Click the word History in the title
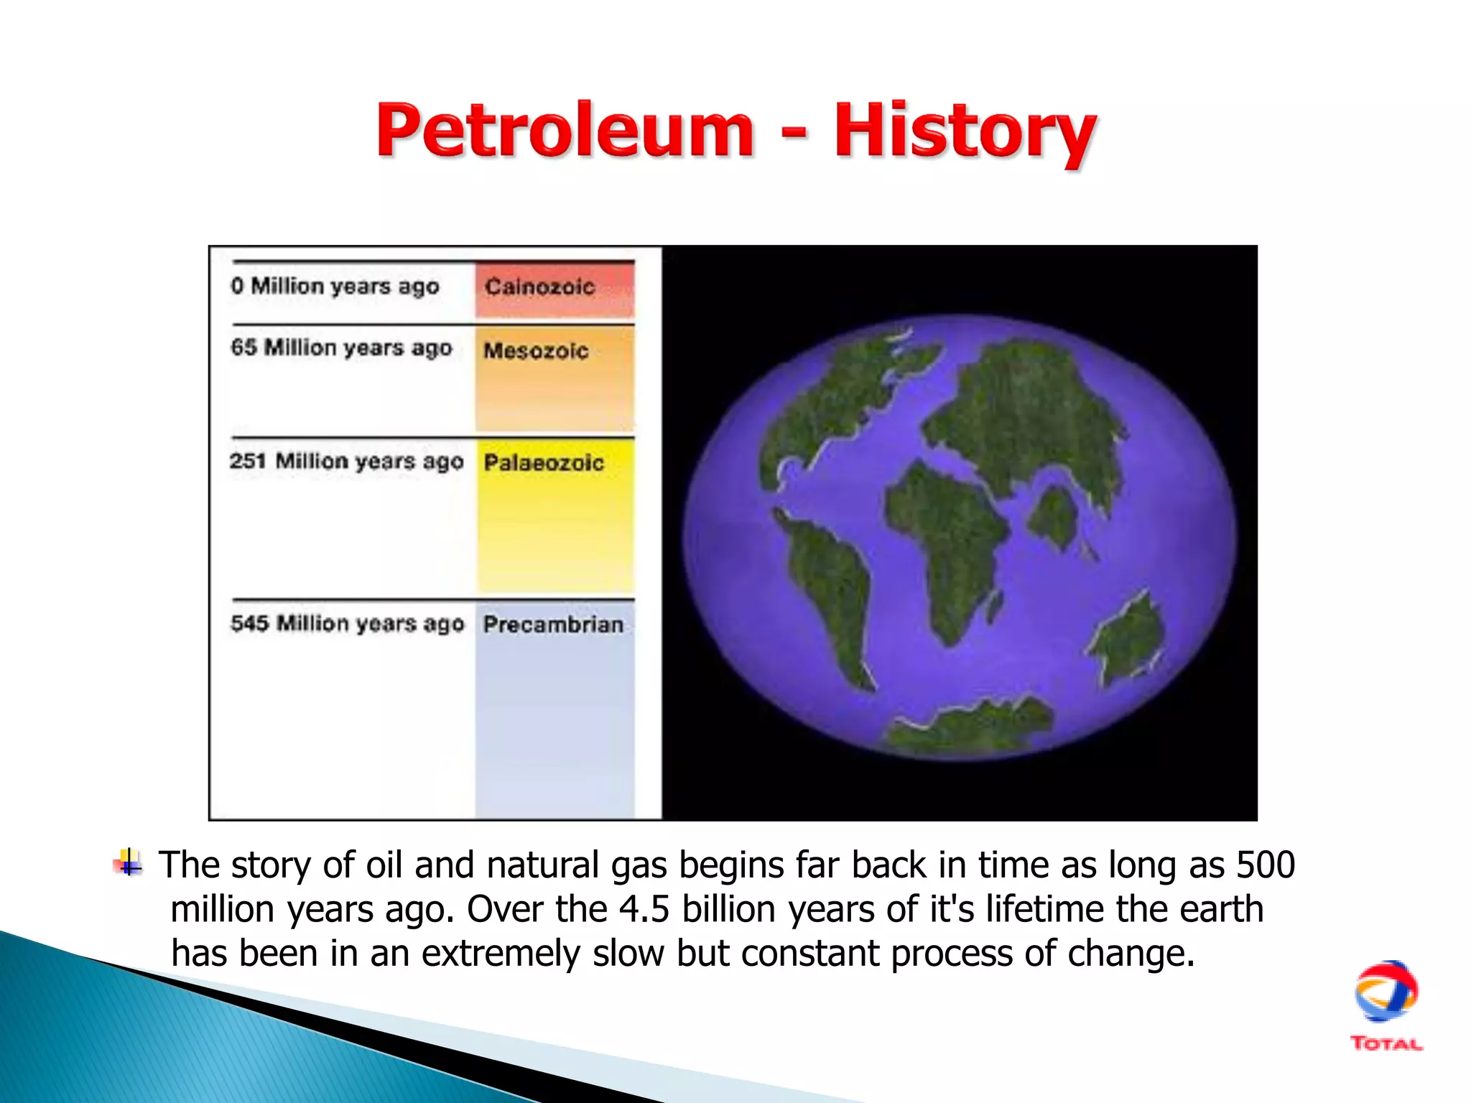964,131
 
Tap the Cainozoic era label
539,287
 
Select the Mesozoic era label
536,350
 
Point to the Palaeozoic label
544,462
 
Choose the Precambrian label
553,624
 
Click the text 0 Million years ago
335,287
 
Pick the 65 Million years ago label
341,348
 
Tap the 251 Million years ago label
346,461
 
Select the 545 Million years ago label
347,623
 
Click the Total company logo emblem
1386,992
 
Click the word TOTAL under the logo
1386,1044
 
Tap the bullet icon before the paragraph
129,862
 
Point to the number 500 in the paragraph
1265,865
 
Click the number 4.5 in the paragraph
644,909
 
